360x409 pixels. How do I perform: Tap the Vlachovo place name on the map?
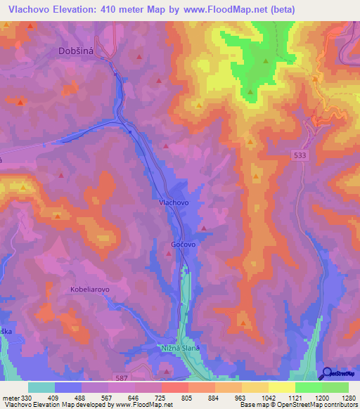tap(169, 202)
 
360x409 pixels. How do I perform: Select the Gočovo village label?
tap(183, 244)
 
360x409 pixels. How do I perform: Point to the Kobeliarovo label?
tap(90, 289)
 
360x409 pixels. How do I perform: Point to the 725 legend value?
tap(160, 398)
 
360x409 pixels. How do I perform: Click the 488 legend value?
tap(80, 398)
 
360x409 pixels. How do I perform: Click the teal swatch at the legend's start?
tap(41, 387)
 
